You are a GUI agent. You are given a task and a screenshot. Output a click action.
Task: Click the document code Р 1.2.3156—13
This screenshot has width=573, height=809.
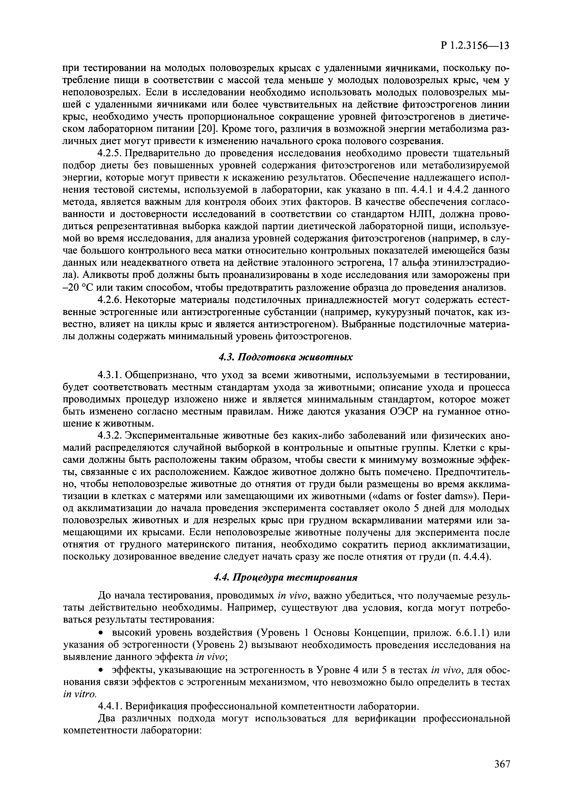475,46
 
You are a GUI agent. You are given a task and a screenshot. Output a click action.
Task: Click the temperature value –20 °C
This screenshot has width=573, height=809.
78,288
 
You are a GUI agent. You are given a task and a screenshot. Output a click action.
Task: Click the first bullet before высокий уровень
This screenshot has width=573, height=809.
101,633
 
